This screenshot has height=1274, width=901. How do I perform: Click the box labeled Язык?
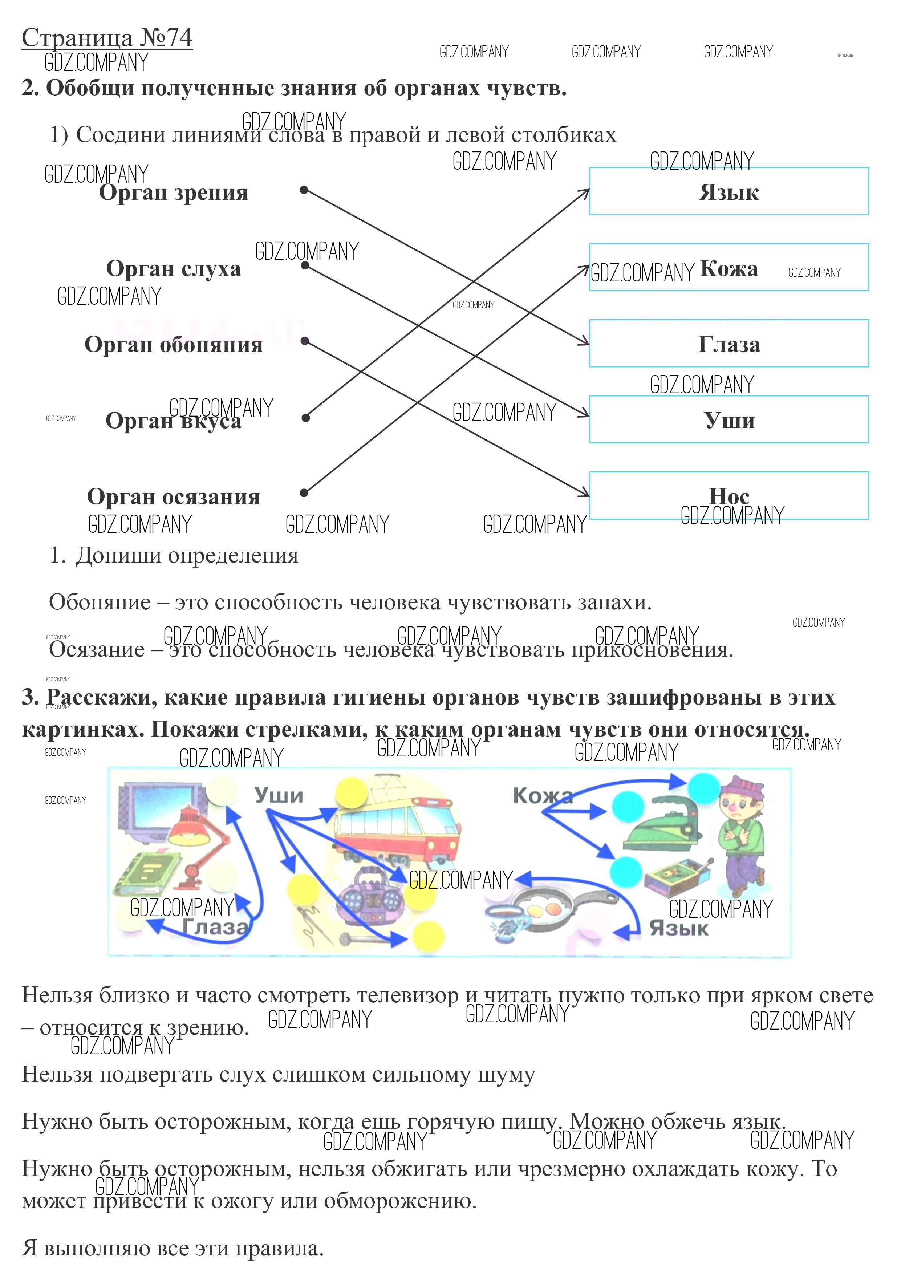(x=728, y=191)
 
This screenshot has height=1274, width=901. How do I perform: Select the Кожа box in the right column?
(x=728, y=267)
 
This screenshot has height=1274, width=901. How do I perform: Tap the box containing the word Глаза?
(x=728, y=344)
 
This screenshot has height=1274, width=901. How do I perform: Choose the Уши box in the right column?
(x=728, y=419)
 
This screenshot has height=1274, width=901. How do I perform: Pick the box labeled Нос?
(x=728, y=495)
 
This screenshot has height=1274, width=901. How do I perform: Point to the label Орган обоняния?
(x=173, y=345)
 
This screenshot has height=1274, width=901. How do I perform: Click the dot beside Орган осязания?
(x=304, y=493)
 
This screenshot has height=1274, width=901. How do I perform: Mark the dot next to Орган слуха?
(x=305, y=265)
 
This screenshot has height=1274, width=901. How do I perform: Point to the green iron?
(x=660, y=827)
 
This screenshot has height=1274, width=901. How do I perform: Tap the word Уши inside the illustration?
(x=279, y=795)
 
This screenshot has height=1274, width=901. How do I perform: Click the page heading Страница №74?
(x=107, y=38)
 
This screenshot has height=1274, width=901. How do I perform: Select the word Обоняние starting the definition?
(x=100, y=602)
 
